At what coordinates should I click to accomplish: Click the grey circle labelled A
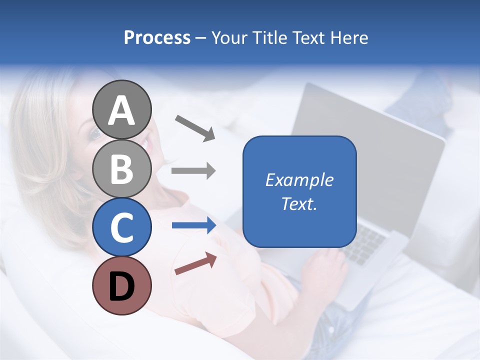coord(121,109)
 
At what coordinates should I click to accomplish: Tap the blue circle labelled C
coord(121,227)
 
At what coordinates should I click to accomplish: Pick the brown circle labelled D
coord(121,285)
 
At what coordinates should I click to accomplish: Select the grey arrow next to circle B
coord(193,171)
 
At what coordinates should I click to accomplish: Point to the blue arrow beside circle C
coord(194,225)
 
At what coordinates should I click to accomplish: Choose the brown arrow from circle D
coord(195,263)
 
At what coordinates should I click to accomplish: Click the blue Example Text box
coord(299,191)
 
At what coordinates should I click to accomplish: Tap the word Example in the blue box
coord(299,180)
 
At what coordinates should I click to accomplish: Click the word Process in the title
coord(157,38)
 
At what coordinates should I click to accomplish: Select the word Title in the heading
coord(269,38)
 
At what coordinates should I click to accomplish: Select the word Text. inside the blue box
coord(299,203)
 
